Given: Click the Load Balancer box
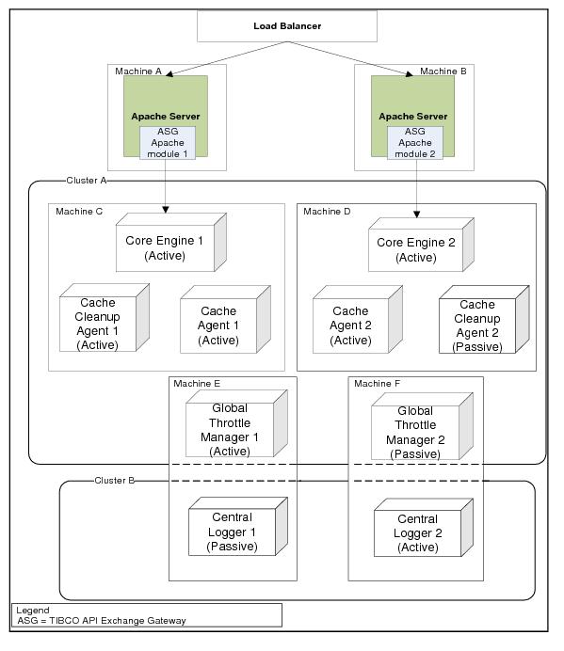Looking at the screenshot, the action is coord(287,26).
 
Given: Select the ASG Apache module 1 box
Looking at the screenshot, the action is coord(168,143).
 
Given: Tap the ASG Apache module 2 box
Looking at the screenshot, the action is coord(415,143).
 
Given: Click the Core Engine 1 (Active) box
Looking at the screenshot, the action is coord(171,243).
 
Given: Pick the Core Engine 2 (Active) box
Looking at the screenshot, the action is coord(422,245).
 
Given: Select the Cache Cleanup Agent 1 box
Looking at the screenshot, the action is coord(105,318).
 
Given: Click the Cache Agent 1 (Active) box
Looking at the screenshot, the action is coord(226,319).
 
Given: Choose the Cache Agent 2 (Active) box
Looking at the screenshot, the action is coord(358,319).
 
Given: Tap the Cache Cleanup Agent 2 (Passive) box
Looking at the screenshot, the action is coord(484,319).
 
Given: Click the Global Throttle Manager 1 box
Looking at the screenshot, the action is coord(237,423).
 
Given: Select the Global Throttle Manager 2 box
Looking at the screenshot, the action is coord(422,426).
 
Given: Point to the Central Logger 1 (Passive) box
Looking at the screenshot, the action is coord(238,527).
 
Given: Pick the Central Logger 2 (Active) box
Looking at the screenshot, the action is coord(424,528).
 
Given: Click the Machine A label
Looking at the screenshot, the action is coord(138,71).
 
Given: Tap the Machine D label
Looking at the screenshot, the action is coord(327,212).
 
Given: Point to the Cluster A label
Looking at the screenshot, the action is coord(87,181).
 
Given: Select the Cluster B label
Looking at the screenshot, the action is coord(114,481).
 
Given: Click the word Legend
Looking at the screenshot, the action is coord(33,611).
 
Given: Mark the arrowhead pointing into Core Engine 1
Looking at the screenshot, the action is coord(166,210).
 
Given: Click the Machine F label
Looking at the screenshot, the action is coord(377,384).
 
